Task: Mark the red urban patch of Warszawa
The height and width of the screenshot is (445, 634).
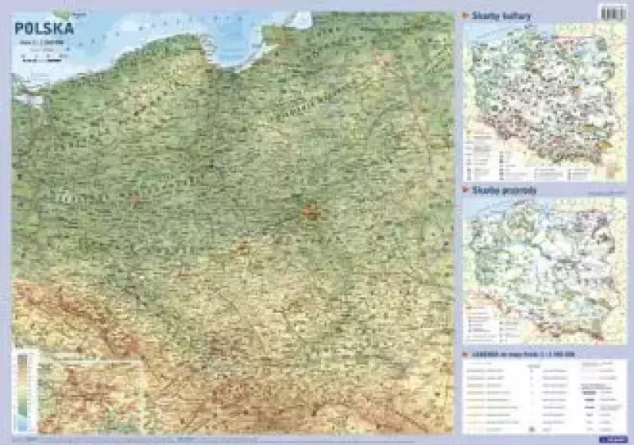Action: pos(311,211)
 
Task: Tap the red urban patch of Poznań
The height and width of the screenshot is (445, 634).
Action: pos(136,200)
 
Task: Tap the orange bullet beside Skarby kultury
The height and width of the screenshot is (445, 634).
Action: pos(465,16)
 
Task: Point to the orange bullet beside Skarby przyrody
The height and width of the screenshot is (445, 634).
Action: pos(465,191)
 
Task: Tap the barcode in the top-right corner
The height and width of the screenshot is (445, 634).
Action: pos(613,13)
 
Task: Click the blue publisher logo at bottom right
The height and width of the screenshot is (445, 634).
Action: pos(609,432)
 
